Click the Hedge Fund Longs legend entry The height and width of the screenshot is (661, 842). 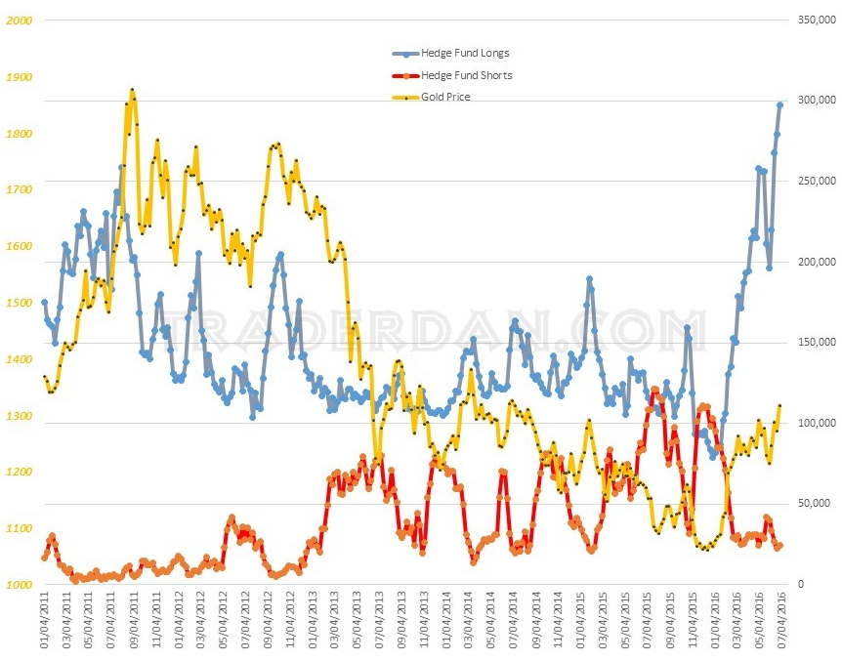pyautogui.click(x=464, y=53)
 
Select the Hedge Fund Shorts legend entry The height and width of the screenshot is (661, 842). pyautogui.click(x=466, y=75)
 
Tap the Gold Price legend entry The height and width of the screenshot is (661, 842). pyautogui.click(x=445, y=97)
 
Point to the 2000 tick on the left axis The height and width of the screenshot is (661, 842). pyautogui.click(x=21, y=21)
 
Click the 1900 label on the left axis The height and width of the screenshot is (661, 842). pyautogui.click(x=21, y=77)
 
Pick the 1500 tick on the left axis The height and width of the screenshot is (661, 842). pyautogui.click(x=21, y=303)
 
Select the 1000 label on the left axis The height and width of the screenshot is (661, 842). pyautogui.click(x=21, y=585)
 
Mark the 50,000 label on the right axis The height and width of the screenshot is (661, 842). pyautogui.click(x=815, y=504)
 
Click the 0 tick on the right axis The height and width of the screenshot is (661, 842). pyautogui.click(x=801, y=585)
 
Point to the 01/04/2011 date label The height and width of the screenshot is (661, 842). pyautogui.click(x=45, y=624)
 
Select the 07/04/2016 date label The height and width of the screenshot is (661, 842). pyautogui.click(x=780, y=624)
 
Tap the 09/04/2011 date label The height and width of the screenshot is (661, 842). pyautogui.click(x=134, y=624)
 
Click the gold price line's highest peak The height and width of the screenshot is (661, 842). pyautogui.click(x=132, y=91)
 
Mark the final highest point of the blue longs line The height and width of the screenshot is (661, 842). pyautogui.click(x=779, y=104)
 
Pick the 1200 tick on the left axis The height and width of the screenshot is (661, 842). pyautogui.click(x=21, y=472)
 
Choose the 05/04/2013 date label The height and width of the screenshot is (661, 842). pyautogui.click(x=358, y=624)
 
